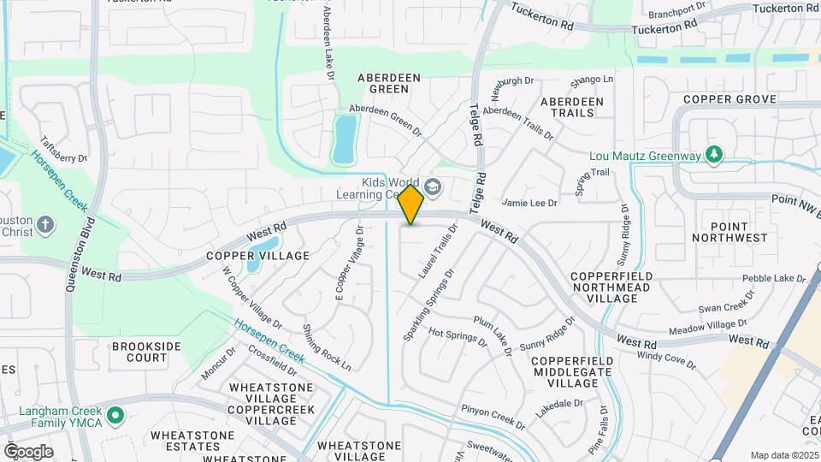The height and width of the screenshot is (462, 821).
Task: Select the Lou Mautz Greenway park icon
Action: tap(713, 155)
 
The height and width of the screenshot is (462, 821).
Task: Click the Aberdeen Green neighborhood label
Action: tap(389, 83)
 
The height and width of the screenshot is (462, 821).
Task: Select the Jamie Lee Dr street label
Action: tap(529, 203)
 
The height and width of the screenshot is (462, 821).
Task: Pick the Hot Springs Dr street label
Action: tap(458, 338)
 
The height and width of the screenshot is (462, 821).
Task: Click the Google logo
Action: tap(28, 452)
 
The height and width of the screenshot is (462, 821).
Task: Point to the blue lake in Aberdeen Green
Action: tap(345, 139)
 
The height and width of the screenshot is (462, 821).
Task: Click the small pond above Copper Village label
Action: tap(255, 258)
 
